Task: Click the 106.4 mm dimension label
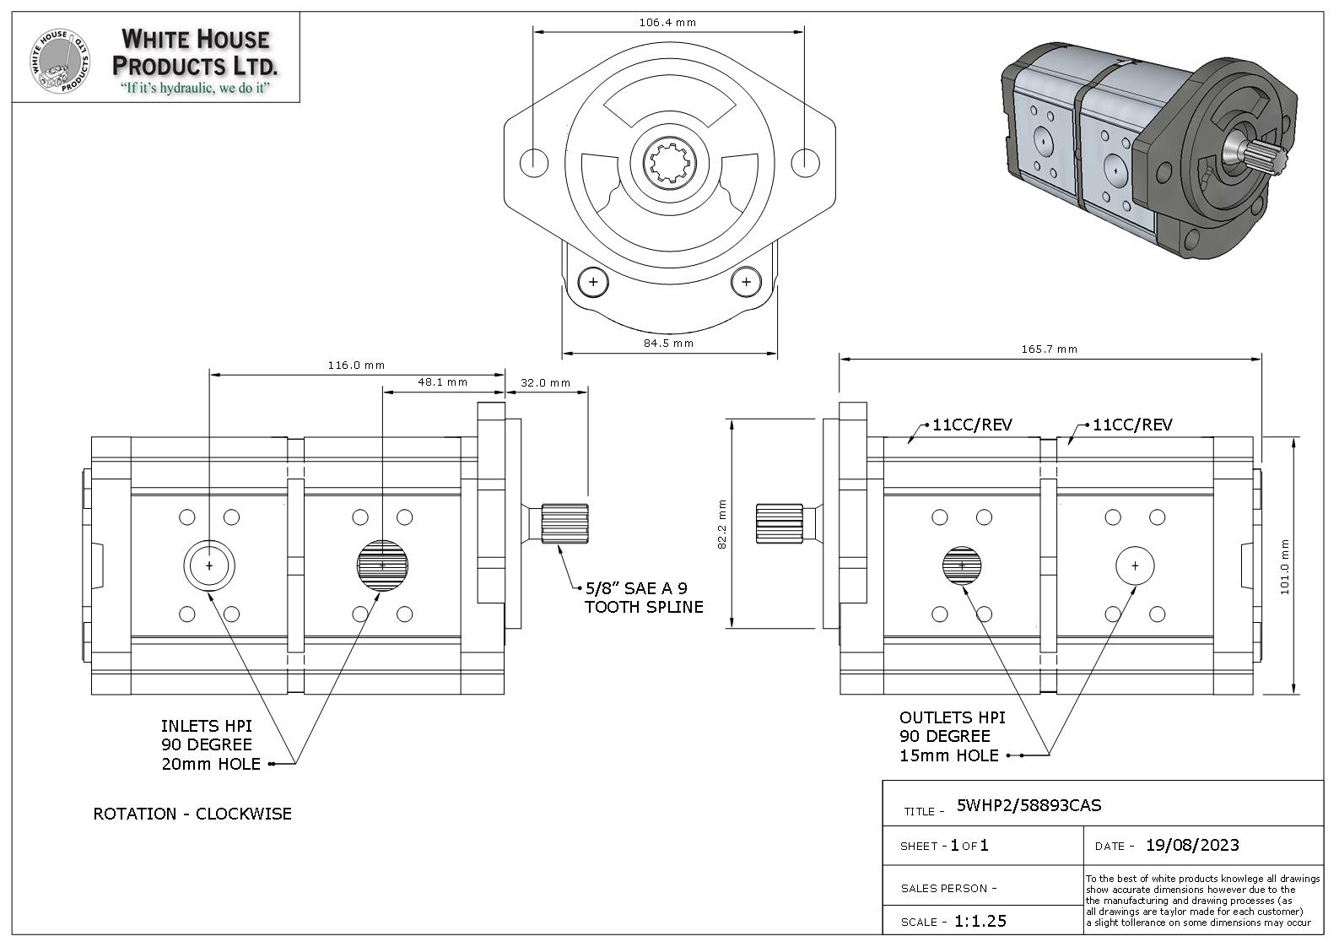coord(667,23)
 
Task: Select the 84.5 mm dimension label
coord(668,343)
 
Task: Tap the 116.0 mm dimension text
coord(356,365)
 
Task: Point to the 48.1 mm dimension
coord(442,382)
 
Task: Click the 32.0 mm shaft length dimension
coord(545,382)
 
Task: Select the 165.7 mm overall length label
coord(1049,349)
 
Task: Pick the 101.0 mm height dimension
coord(1285,566)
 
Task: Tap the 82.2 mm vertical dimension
coord(722,524)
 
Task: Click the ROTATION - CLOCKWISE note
coord(192,814)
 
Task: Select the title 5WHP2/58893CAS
coord(1029,805)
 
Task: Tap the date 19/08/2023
coord(1191,845)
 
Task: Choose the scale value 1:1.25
coord(980,921)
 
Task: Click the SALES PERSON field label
coord(948,888)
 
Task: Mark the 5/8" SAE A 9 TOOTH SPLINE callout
coord(643,598)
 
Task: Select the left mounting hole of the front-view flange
coord(534,161)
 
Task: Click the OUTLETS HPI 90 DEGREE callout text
coord(952,736)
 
